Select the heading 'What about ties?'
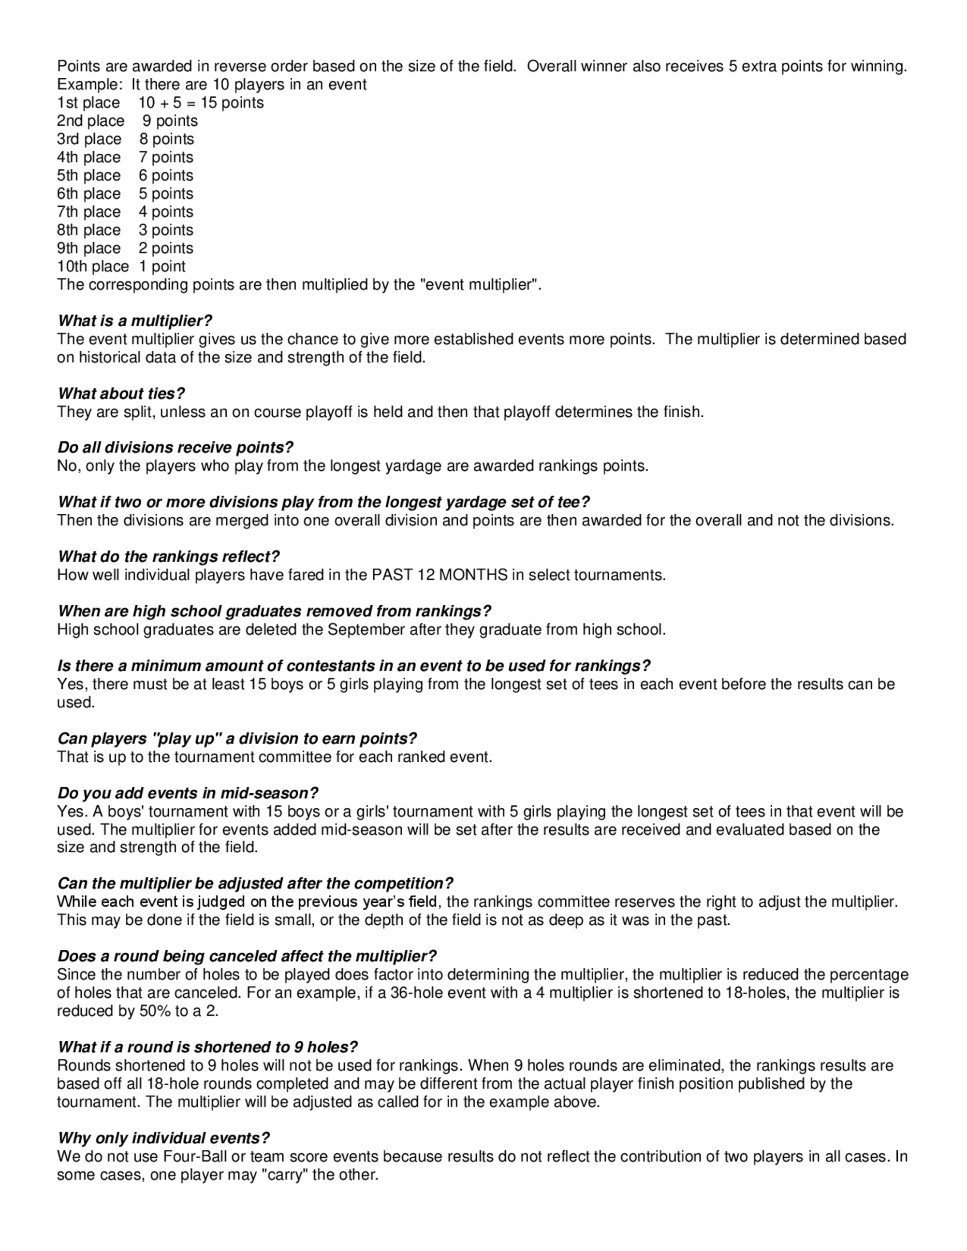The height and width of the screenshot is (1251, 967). coord(121,393)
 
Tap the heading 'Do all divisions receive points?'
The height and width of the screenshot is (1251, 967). coord(176,447)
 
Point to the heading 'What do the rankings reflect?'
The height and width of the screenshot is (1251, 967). coord(168,557)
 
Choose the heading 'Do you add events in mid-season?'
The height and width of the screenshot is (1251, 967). coord(188,793)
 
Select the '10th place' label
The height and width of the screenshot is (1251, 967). coord(93,267)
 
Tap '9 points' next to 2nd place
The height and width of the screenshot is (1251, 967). coord(170,121)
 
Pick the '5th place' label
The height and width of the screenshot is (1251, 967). coord(89,176)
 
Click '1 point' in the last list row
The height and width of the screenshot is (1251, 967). coord(162,267)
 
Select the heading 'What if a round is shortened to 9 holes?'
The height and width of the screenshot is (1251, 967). coord(207,1047)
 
